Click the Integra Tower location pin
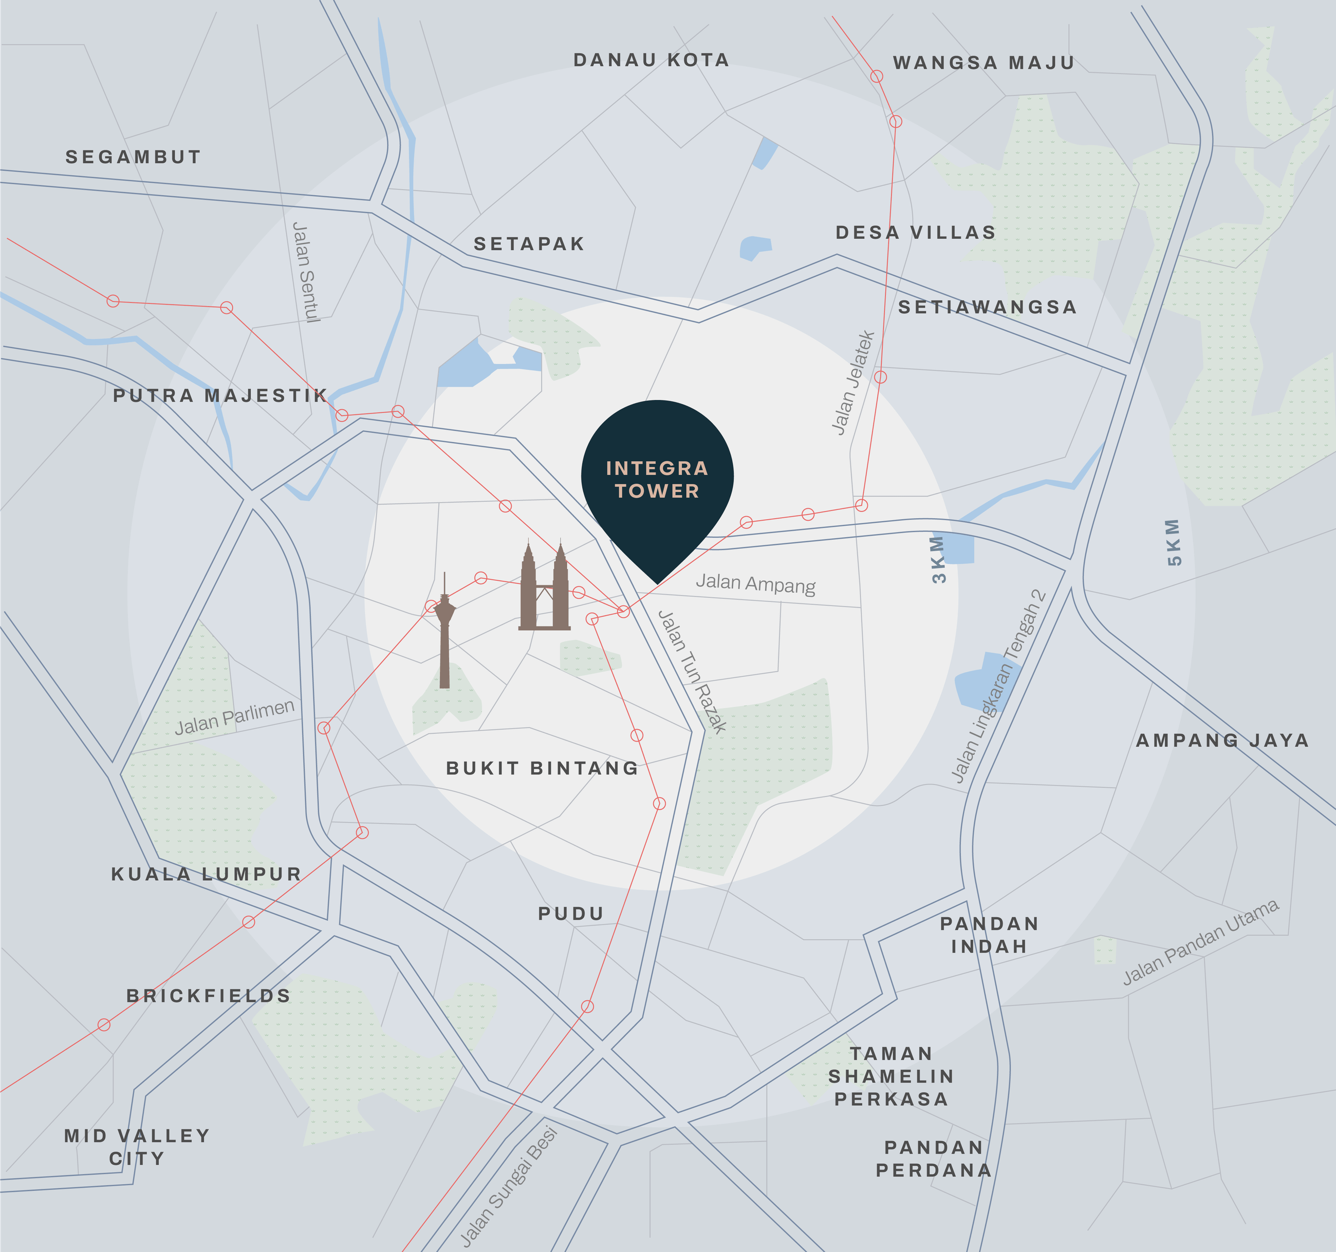tap(657, 480)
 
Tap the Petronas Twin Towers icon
tap(544, 587)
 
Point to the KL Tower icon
tap(444, 631)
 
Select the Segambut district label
tap(133, 157)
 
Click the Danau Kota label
tap(651, 60)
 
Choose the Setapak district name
tap(529, 244)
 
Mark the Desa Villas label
tap(915, 233)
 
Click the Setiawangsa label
tap(987, 307)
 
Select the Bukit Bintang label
tap(542, 768)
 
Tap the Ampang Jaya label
tap(1222, 740)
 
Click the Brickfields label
tap(208, 995)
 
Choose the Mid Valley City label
tap(137, 1147)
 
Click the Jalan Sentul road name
tap(306, 273)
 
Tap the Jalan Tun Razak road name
tap(692, 671)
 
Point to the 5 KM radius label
tap(1174, 542)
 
